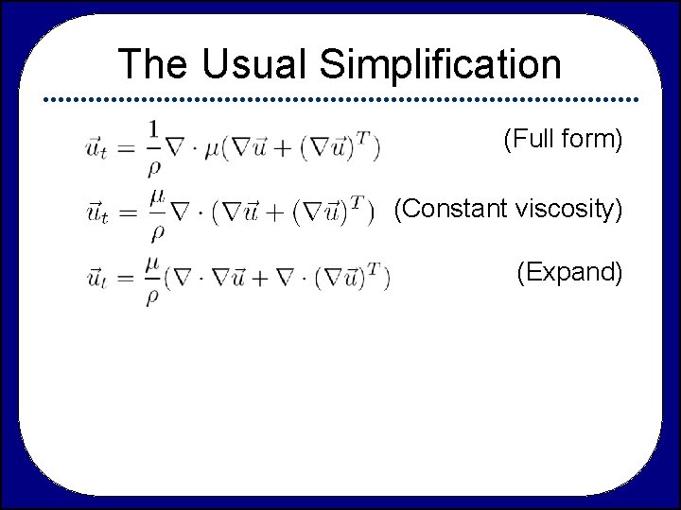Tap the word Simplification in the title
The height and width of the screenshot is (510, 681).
click(x=441, y=65)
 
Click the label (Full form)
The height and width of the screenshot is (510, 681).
click(x=562, y=141)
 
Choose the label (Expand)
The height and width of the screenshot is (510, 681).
click(x=568, y=273)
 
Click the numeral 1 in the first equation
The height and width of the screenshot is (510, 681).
click(x=152, y=130)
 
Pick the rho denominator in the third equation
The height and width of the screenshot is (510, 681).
click(x=153, y=295)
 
